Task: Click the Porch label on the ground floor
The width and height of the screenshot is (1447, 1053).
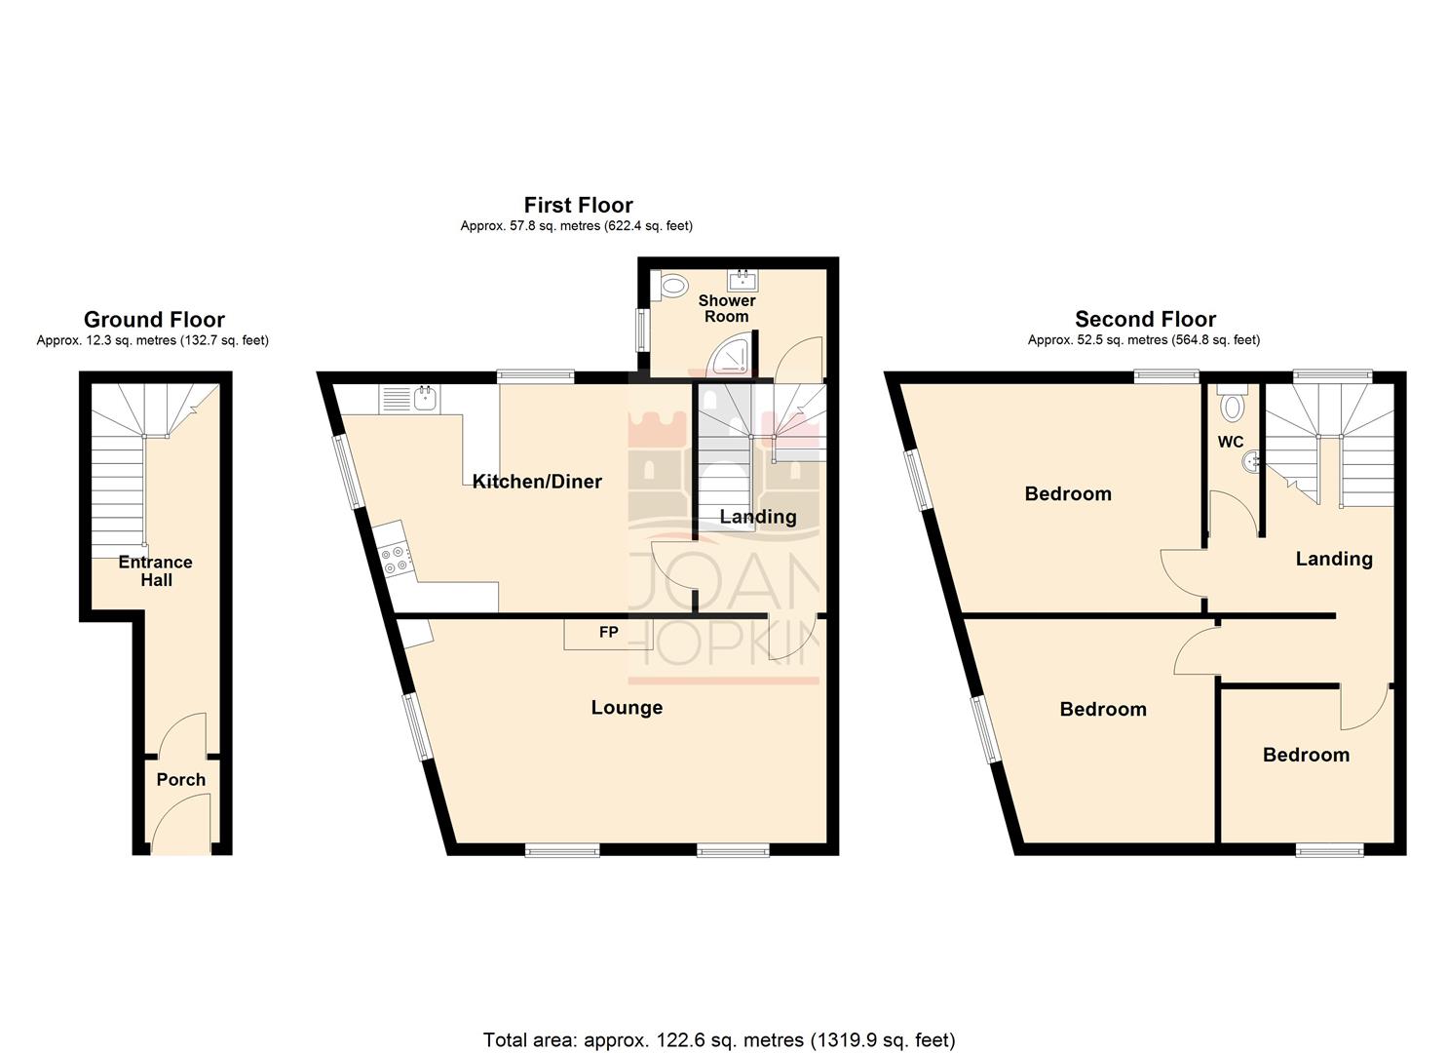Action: click(180, 779)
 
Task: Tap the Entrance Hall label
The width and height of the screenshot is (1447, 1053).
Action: click(155, 570)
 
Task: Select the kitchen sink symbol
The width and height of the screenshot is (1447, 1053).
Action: click(425, 397)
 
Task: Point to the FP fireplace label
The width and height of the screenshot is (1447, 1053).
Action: click(608, 632)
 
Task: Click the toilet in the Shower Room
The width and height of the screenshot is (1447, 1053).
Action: click(671, 286)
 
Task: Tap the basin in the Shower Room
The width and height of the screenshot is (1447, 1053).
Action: click(743, 281)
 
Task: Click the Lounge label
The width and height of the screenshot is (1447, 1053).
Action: click(627, 707)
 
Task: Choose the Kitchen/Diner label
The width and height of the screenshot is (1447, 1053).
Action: click(537, 481)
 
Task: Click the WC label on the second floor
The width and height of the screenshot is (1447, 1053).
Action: click(1231, 442)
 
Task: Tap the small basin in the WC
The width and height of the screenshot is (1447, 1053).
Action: click(1251, 464)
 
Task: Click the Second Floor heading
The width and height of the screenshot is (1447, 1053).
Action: click(1145, 319)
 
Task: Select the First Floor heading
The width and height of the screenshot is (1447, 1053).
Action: click(578, 205)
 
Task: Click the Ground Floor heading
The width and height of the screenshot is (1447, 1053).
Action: click(154, 319)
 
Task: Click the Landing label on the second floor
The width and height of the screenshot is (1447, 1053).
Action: click(1333, 558)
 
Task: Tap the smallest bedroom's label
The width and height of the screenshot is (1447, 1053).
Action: click(1306, 754)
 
